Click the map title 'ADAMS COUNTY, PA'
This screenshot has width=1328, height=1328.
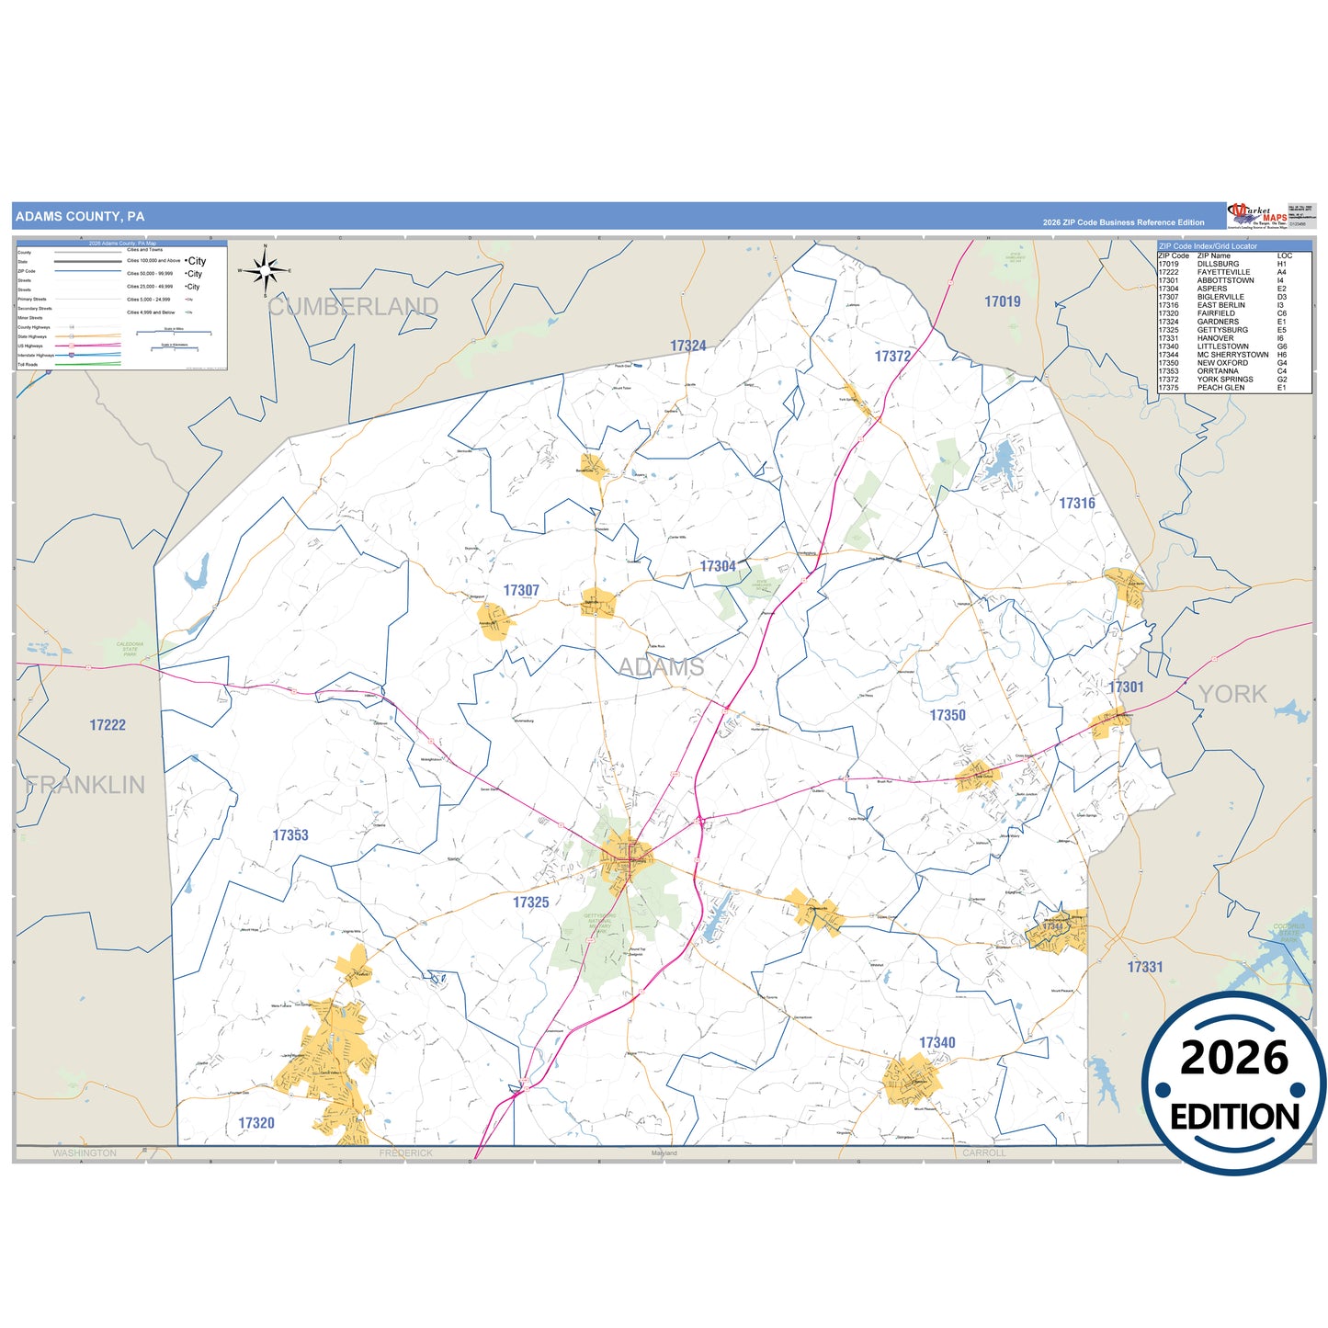(80, 217)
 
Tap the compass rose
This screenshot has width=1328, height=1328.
(265, 270)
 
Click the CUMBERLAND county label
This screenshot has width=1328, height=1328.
(353, 306)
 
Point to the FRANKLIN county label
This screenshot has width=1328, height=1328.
(85, 785)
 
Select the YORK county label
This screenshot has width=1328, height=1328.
(1232, 694)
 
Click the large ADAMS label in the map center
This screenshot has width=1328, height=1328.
(661, 666)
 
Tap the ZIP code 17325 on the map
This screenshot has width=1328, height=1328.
(530, 902)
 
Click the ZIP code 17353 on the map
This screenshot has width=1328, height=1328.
(290, 835)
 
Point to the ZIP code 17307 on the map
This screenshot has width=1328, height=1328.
(521, 591)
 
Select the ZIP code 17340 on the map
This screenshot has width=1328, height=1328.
(937, 1042)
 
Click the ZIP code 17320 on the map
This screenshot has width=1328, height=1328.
(256, 1123)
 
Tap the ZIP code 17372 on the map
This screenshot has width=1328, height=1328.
(892, 357)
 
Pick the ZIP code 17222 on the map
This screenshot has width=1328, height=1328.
(108, 725)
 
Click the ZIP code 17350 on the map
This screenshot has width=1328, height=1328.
(948, 715)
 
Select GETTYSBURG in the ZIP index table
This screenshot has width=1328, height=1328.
(1222, 330)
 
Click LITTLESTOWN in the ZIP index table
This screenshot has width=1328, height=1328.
(1222, 346)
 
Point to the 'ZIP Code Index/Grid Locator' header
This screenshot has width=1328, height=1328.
(1208, 246)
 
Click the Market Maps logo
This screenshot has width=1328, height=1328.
(1257, 216)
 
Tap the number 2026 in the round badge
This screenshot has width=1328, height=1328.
(1233, 1058)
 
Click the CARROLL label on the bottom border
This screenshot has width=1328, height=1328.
(984, 1152)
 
